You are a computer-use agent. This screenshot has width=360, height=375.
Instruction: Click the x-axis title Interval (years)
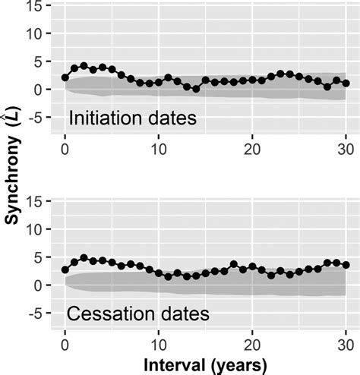coord(206,365)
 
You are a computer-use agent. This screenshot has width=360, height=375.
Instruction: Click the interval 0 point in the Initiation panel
coord(65,77)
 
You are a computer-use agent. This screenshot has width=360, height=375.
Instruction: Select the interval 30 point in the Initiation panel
coord(346,84)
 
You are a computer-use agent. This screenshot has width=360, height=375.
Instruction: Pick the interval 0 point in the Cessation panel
coord(65,269)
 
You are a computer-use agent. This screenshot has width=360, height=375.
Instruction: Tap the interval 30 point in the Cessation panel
coord(346,265)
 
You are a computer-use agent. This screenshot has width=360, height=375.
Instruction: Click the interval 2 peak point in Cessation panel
coord(84,258)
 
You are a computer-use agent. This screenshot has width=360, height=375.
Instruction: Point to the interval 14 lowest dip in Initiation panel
coord(196,89)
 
